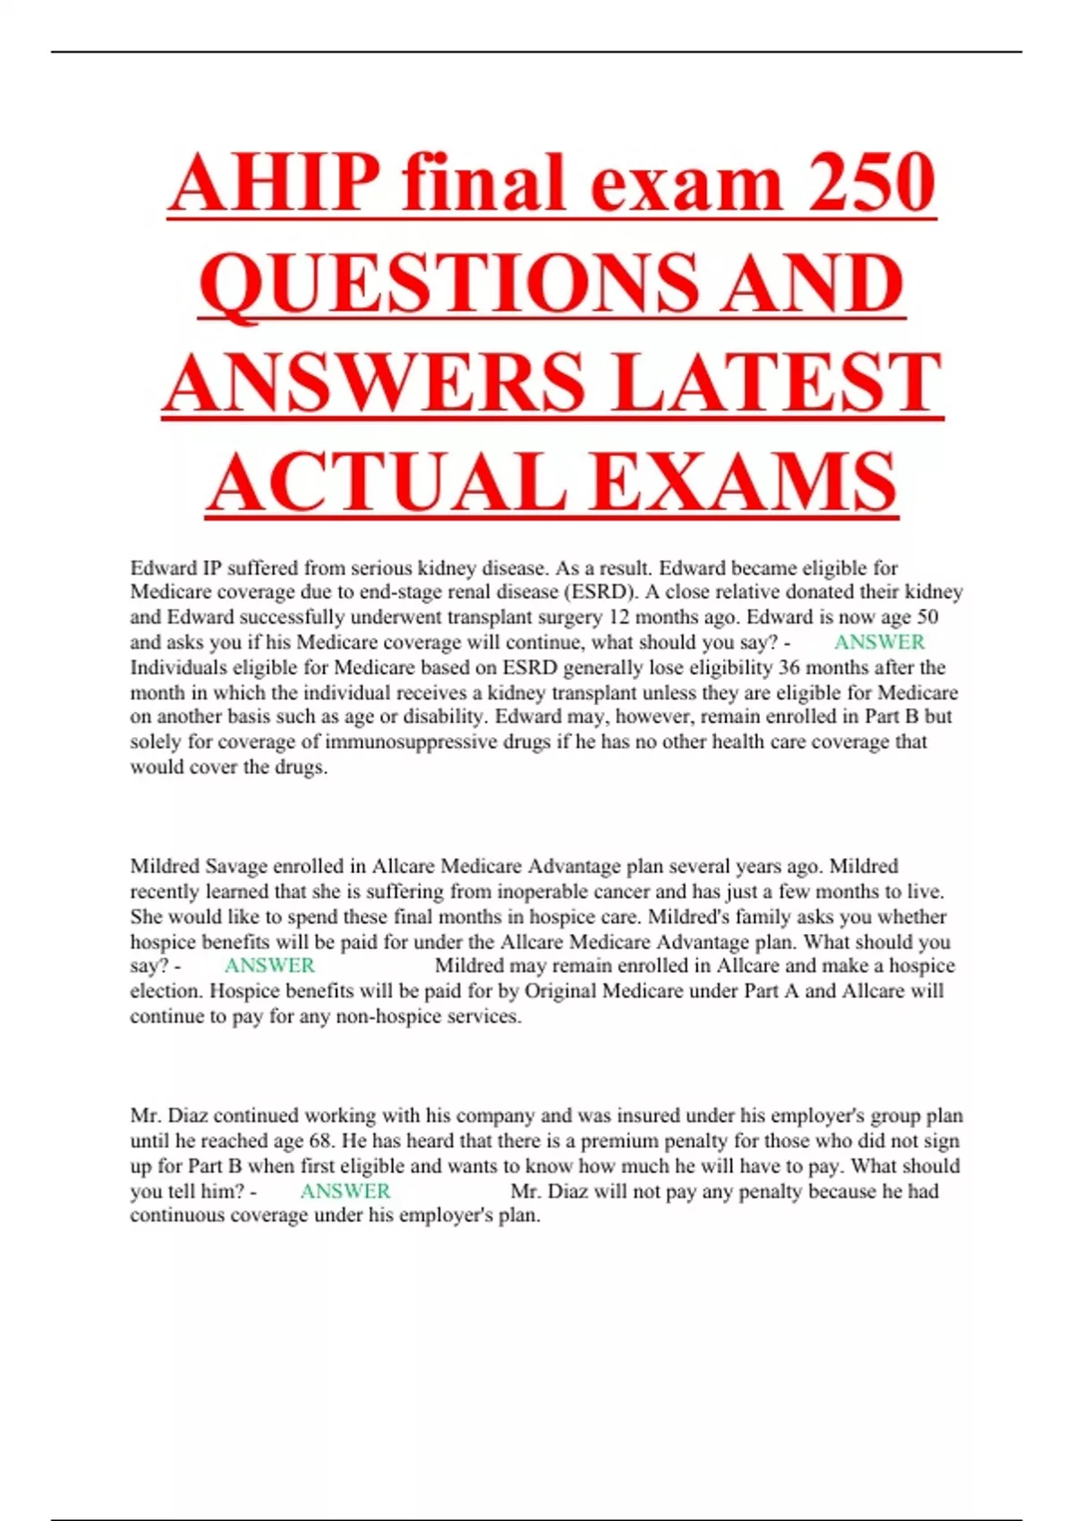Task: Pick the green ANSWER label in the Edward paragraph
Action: pyautogui.click(x=879, y=642)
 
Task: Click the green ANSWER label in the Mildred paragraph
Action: pyautogui.click(x=269, y=966)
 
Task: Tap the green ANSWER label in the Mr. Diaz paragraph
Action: pyautogui.click(x=345, y=1192)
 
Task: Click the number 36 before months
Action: pyautogui.click(x=789, y=667)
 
